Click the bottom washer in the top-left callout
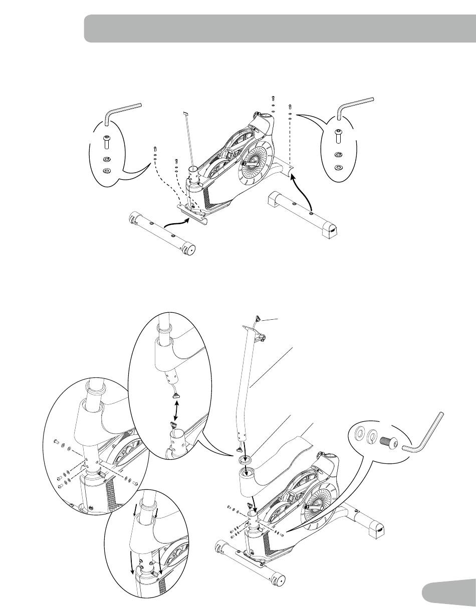tap(106, 171)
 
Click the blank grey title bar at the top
tap(279, 29)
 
